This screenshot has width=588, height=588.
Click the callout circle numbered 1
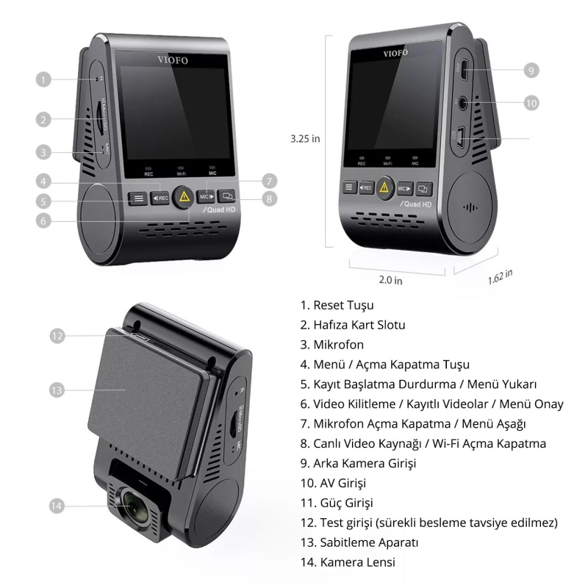pyautogui.click(x=45, y=78)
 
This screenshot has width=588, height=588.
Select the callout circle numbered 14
pyautogui.click(x=58, y=505)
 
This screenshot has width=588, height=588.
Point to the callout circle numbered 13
pyautogui.click(x=58, y=390)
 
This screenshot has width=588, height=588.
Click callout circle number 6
pyautogui.click(x=45, y=220)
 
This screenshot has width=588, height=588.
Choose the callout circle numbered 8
pyautogui.click(x=270, y=198)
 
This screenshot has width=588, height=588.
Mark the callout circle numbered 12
pyautogui.click(x=58, y=335)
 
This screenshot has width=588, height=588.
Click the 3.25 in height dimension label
pyautogui.click(x=305, y=137)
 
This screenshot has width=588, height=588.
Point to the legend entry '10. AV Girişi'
pyautogui.click(x=333, y=483)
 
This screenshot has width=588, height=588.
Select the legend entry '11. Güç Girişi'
pyautogui.click(x=337, y=503)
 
